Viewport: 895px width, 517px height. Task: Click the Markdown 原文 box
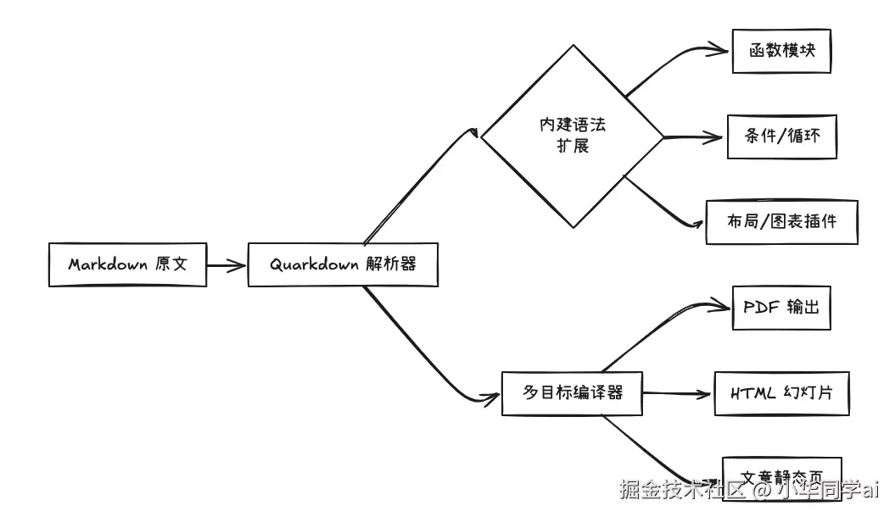(127, 264)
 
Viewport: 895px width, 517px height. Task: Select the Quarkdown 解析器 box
(343, 264)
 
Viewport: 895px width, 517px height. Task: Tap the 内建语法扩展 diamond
(573, 136)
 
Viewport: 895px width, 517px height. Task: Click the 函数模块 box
(781, 52)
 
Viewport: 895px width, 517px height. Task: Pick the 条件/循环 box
(782, 136)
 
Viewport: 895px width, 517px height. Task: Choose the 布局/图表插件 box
(781, 222)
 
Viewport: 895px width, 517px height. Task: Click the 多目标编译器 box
(572, 393)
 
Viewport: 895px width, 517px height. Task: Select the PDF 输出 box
(781, 308)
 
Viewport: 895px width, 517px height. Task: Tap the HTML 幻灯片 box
(781, 393)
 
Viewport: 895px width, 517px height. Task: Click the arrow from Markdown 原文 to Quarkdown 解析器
(227, 265)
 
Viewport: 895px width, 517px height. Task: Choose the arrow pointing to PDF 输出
(670, 320)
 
